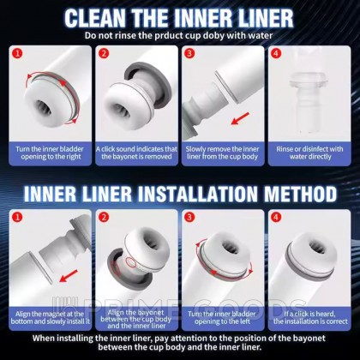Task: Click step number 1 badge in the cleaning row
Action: [18, 53]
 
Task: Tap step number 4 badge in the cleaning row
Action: [276, 53]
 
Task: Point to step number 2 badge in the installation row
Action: [104, 217]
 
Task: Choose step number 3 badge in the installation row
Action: [189, 217]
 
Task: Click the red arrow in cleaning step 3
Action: [240, 118]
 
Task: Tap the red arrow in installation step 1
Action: [69, 276]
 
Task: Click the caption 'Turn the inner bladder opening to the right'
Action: [51, 153]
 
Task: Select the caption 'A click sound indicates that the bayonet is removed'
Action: [136, 153]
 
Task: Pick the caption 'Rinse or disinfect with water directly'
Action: [309, 153]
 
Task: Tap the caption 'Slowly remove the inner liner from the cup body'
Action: [223, 153]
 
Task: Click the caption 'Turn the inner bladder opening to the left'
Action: [222, 317]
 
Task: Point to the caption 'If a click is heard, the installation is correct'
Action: [310, 317]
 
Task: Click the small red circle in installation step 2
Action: [131, 261]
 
